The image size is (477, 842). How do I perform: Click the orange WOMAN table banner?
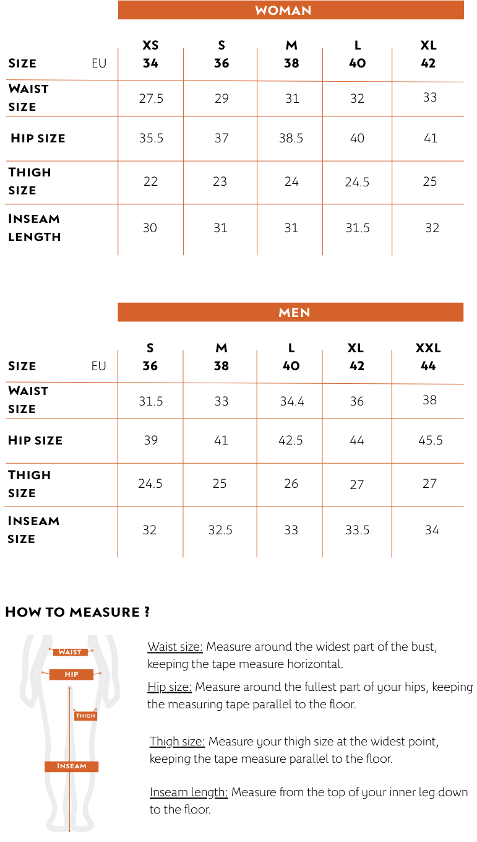pyautogui.click(x=291, y=10)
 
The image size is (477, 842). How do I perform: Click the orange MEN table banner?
pyautogui.click(x=291, y=312)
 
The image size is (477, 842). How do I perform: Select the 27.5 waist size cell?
pyautogui.click(x=151, y=98)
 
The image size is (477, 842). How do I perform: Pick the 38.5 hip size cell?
pyautogui.click(x=291, y=138)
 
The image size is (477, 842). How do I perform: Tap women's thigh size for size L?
pyautogui.click(x=357, y=182)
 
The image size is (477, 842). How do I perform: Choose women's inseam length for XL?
pyautogui.click(x=432, y=228)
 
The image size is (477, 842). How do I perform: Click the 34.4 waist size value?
pyautogui.click(x=292, y=401)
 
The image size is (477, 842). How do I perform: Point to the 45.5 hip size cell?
pyautogui.click(x=431, y=440)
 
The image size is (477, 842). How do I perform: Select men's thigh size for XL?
pyautogui.click(x=357, y=484)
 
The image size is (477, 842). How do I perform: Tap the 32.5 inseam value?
pyautogui.click(x=220, y=530)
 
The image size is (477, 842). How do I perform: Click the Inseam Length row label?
pyautogui.click(x=35, y=227)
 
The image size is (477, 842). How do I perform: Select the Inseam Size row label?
pyautogui.click(x=33, y=529)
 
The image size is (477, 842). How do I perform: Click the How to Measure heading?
pyautogui.click(x=77, y=612)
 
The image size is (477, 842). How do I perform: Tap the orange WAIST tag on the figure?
pyautogui.click(x=71, y=652)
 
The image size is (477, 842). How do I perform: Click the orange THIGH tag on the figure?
pyautogui.click(x=85, y=716)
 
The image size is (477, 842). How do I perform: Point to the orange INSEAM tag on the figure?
pyautogui.click(x=71, y=766)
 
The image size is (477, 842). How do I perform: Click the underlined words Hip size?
pyautogui.click(x=170, y=687)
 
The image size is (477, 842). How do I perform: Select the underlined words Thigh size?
pyautogui.click(x=177, y=741)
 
